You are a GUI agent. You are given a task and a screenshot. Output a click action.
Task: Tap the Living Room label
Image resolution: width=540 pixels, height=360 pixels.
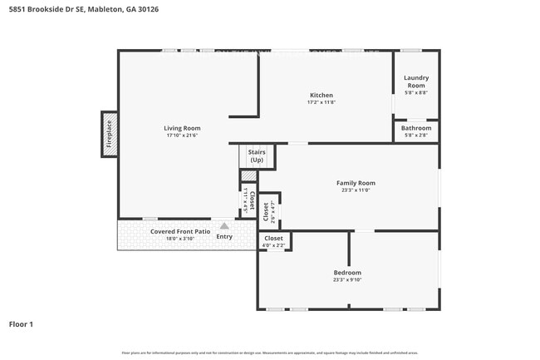point(181,128)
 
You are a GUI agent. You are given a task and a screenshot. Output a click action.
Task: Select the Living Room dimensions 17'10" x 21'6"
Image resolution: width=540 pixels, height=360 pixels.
point(181,136)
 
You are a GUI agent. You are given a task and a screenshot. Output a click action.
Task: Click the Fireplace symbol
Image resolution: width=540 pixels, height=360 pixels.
point(109,133)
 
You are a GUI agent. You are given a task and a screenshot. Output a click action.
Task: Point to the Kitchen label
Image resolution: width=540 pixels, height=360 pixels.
point(322,95)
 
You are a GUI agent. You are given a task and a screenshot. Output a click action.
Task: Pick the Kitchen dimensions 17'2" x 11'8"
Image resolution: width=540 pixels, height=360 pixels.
point(322,102)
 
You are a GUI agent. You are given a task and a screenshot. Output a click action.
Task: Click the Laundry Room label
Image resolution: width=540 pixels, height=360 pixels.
point(415,81)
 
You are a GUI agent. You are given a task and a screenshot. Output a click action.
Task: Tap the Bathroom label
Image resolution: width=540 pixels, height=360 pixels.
point(415,128)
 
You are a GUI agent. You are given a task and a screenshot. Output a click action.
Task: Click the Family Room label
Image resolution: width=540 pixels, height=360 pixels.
point(356,183)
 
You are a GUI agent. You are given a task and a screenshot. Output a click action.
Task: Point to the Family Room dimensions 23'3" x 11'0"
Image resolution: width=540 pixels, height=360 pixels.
point(356,190)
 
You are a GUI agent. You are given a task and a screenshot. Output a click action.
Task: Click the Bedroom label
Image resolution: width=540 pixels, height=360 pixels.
point(347,272)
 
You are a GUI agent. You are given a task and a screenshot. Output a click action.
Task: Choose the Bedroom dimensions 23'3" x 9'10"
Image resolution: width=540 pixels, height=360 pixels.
point(347,279)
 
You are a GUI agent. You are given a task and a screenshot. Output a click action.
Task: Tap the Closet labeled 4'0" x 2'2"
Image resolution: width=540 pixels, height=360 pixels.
point(273,241)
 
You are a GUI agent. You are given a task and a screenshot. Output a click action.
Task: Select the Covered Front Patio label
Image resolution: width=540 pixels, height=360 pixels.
point(179,231)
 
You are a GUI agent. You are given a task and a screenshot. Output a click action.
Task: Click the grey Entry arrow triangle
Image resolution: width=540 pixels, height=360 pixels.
point(224,225)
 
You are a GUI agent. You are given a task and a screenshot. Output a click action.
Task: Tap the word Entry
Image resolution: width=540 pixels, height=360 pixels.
point(224,237)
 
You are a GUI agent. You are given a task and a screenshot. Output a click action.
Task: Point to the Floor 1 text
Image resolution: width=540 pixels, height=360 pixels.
point(21,324)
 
